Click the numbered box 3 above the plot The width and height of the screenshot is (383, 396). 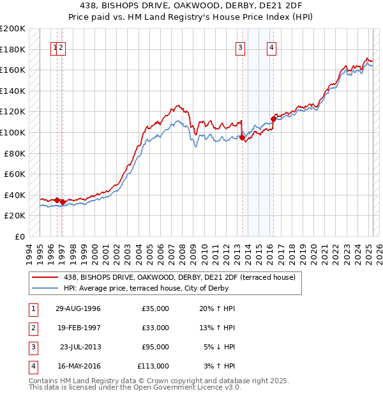pos(240,47)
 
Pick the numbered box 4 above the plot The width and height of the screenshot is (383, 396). pos(271,47)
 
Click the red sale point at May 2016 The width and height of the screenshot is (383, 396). pos(273,119)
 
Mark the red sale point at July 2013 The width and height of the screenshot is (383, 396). pos(243,137)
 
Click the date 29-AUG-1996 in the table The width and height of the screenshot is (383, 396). pos(78,308)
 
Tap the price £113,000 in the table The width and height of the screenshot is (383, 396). pos(153,366)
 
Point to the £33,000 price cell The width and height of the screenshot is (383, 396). pos(155,328)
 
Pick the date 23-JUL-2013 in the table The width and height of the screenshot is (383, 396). pos(80,347)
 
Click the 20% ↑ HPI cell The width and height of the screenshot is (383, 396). pos(217,308)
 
